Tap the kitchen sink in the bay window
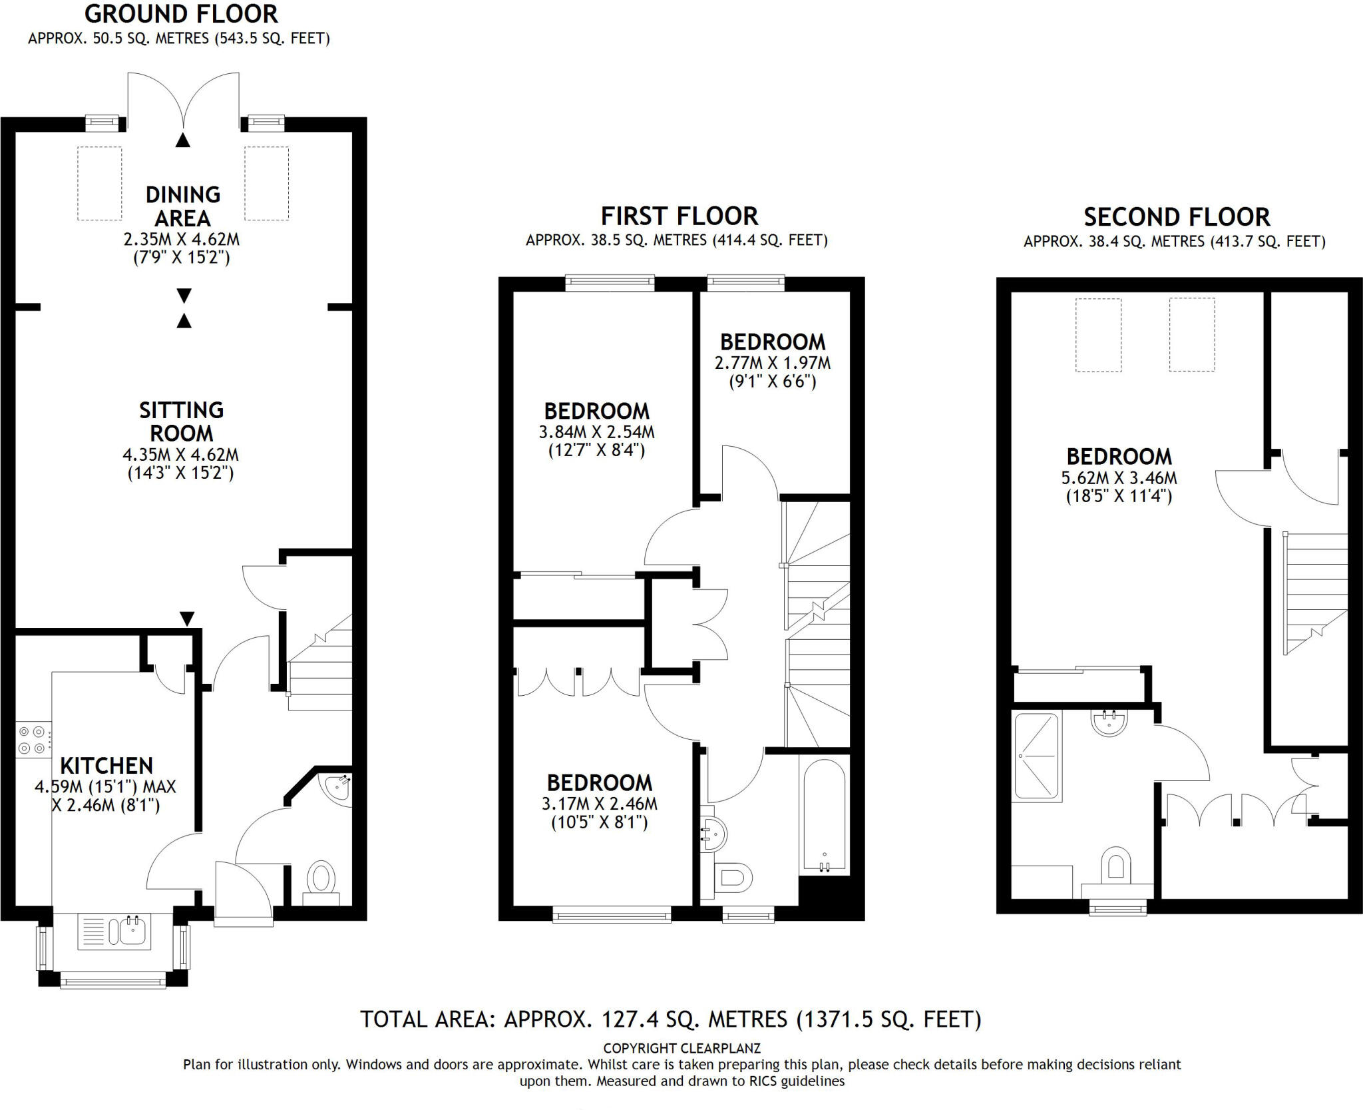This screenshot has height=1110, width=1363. [115, 931]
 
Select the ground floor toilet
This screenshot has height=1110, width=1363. [322, 883]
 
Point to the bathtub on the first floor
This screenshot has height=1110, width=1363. [825, 816]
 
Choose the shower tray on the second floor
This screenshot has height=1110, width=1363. [1036, 757]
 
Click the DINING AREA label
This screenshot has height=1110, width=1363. [183, 206]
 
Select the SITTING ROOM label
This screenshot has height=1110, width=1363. [181, 421]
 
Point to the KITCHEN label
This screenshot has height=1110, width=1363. [106, 766]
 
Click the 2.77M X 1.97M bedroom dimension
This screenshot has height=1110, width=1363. [773, 364]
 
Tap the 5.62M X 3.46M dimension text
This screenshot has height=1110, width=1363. [1119, 478]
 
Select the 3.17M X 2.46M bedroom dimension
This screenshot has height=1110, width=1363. [600, 804]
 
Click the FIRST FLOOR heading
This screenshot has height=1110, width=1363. [680, 216]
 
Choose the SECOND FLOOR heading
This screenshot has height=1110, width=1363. [1177, 218]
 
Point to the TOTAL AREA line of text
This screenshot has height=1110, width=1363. [671, 1019]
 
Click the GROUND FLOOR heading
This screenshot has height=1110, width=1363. [181, 14]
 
